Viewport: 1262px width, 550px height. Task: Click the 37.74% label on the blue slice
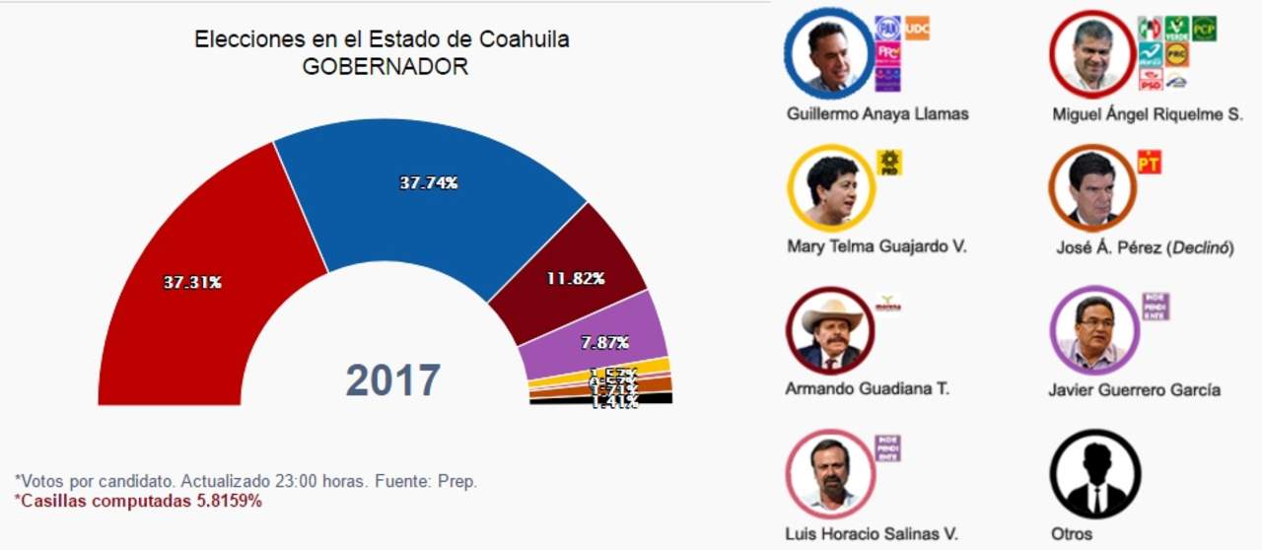pos(428,182)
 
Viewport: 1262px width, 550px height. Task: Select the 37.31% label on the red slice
pos(192,282)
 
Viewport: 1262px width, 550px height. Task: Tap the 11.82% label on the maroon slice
pos(575,278)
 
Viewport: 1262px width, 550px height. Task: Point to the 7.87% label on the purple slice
pos(605,342)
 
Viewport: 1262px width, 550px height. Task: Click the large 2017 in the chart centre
pos(392,380)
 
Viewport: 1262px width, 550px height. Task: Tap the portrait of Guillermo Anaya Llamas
pos(828,55)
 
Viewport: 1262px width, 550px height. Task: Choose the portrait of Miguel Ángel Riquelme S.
pos(1092,55)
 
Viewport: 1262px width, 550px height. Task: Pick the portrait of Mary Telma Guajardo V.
pos(830,188)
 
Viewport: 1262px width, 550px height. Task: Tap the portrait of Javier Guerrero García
pos(1094,329)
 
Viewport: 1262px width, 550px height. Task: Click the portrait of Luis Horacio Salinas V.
pos(829,471)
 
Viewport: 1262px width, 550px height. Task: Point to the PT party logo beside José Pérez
pos(1150,162)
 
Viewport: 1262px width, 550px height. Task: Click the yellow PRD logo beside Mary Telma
pos(889,163)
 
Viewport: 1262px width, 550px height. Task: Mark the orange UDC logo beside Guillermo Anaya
pos(917,28)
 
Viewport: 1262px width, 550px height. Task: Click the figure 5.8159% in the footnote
pos(230,501)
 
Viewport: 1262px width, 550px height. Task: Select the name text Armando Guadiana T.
pos(867,388)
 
